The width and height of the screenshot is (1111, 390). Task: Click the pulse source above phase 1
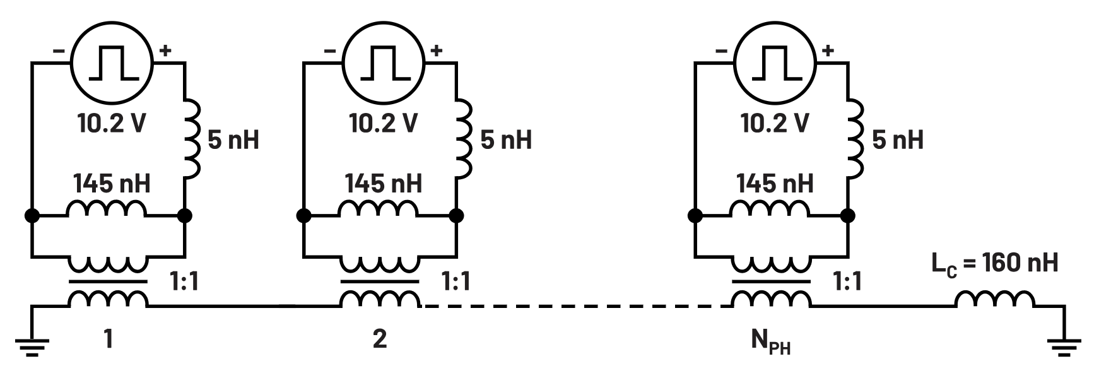pos(112,63)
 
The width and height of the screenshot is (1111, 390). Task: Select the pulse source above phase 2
pos(383,63)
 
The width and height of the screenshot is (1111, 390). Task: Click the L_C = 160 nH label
pos(995,263)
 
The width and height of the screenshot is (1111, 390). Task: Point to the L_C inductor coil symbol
pos(996,300)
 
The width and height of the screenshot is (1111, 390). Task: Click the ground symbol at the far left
pos(32,346)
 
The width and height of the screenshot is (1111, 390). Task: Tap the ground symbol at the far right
pos(1065,346)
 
